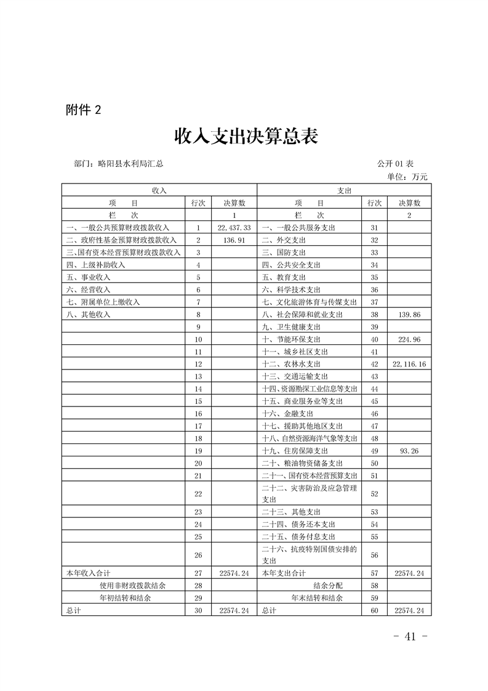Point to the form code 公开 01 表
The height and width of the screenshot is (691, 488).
click(x=395, y=164)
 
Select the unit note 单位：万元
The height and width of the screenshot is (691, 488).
click(x=407, y=177)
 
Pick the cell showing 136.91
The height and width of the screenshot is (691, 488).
click(x=234, y=240)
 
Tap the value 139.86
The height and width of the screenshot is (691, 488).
click(x=409, y=315)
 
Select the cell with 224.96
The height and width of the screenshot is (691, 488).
click(x=409, y=339)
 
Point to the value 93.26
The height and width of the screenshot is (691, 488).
click(x=409, y=451)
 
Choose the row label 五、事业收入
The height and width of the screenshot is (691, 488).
click(x=88, y=277)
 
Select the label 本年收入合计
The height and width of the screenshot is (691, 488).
click(x=87, y=573)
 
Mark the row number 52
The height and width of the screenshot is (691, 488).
click(x=374, y=494)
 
